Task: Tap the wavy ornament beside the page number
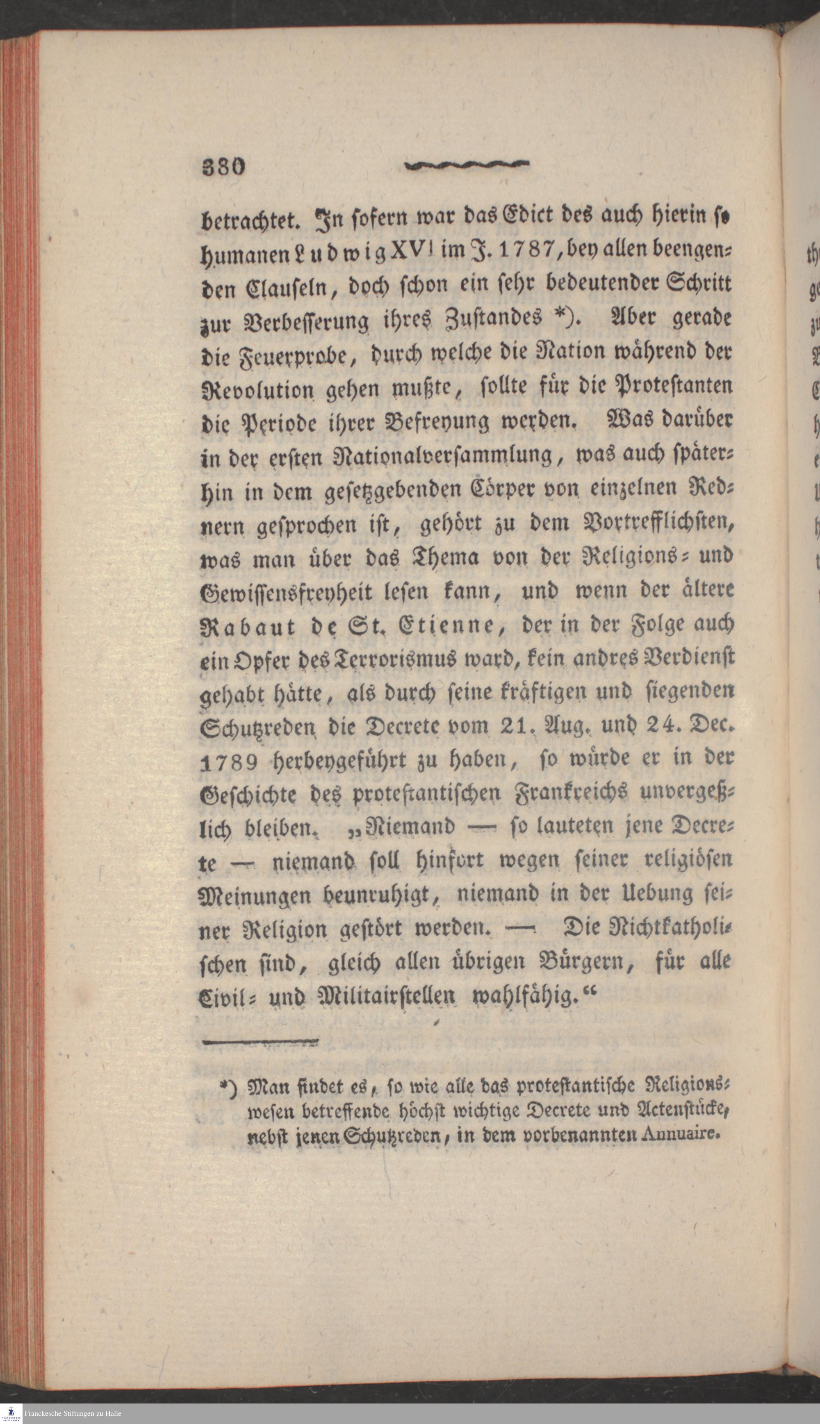coord(467,165)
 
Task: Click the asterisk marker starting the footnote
coord(225,1084)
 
